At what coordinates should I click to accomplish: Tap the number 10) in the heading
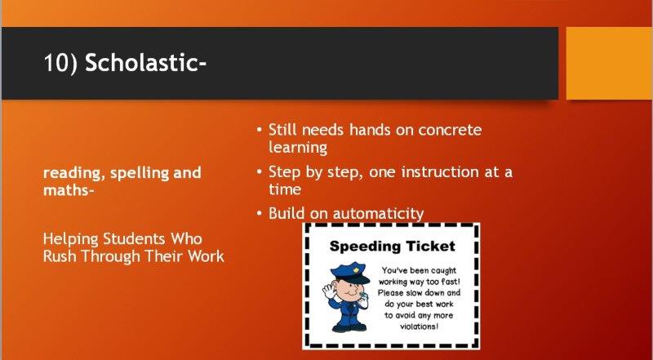(60, 63)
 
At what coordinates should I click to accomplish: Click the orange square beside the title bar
(609, 64)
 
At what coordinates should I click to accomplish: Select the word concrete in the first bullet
(450, 130)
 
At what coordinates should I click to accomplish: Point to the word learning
(298, 148)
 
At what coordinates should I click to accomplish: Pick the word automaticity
(378, 213)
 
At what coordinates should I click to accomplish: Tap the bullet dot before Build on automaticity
(260, 214)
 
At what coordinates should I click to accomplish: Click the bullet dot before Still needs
(260, 130)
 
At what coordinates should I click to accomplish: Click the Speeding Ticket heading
(393, 246)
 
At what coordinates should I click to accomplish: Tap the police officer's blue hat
(350, 272)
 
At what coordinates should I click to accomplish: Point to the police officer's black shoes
(349, 327)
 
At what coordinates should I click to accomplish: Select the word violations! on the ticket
(419, 327)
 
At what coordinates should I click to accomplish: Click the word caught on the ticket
(442, 271)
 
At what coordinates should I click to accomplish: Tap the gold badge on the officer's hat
(356, 269)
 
